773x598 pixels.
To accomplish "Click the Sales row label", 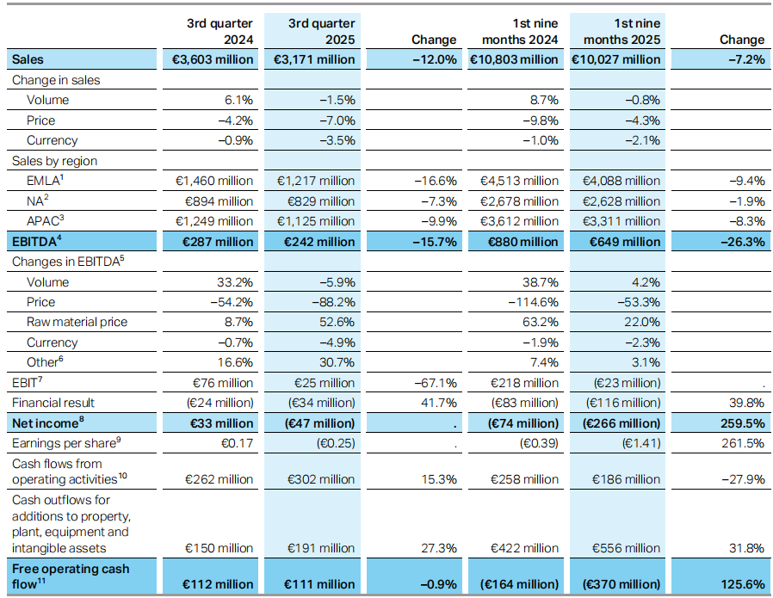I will pyautogui.click(x=28, y=59).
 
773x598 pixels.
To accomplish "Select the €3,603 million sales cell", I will pyautogui.click(x=210, y=59).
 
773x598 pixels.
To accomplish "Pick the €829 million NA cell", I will pyautogui.click(x=316, y=201).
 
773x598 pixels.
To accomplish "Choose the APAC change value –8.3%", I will pyautogui.click(x=745, y=221).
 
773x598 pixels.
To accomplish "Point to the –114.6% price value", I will pyautogui.click(x=534, y=302).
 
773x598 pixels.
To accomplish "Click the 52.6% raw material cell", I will pyautogui.click(x=337, y=322).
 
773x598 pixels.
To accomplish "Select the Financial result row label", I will pyautogui.click(x=53, y=403).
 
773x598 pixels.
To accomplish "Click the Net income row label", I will pyautogui.click(x=43, y=423).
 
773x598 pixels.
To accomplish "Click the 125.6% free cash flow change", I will pyautogui.click(x=744, y=584).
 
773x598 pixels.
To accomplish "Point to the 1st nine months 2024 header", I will pyautogui.click(x=521, y=31).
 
